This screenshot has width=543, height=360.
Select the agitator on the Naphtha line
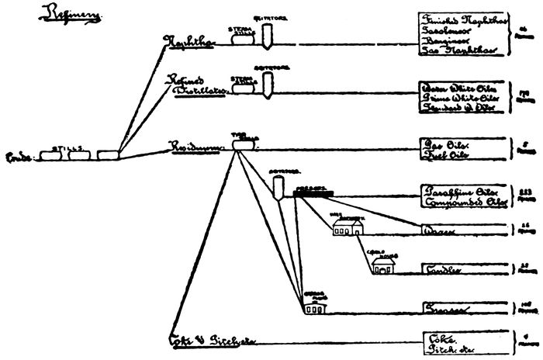[x=267, y=34]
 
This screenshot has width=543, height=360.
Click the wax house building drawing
[x=347, y=227]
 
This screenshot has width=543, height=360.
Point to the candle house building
[x=382, y=266]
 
